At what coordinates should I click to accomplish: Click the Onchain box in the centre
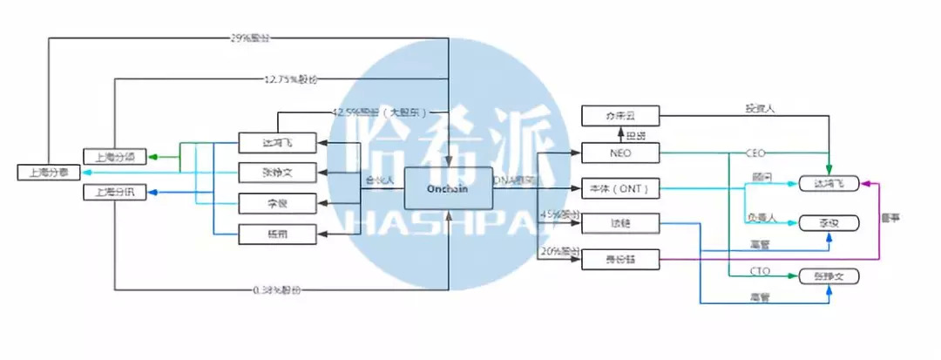click(449, 187)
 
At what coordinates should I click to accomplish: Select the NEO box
click(621, 152)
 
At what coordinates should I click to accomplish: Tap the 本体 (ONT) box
click(621, 187)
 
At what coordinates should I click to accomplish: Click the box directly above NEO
click(621, 114)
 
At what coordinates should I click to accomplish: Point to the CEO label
click(755, 153)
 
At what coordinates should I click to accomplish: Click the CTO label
click(759, 272)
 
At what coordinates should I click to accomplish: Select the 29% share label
click(249, 39)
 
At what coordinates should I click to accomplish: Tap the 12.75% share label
click(290, 78)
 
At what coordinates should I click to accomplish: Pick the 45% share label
click(556, 214)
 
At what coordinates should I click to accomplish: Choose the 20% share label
click(556, 250)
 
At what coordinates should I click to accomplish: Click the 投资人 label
click(759, 109)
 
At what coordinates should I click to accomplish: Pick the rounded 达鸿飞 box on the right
click(829, 183)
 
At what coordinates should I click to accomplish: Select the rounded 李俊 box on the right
click(829, 222)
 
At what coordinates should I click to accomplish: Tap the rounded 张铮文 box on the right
click(829, 276)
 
